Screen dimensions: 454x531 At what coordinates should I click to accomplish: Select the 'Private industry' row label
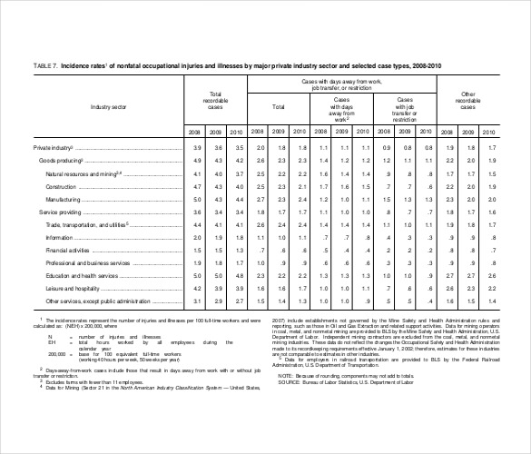[x=53, y=147]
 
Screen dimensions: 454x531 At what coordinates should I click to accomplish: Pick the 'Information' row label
[x=60, y=236]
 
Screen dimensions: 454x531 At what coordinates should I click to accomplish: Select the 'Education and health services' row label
[x=82, y=274]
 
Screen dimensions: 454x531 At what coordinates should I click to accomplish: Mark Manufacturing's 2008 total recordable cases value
[x=197, y=198]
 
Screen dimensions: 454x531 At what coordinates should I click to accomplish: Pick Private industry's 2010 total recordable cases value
[x=237, y=147]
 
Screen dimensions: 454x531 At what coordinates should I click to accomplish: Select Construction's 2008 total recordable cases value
[x=197, y=185]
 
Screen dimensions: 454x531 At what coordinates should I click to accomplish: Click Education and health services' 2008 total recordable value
[x=197, y=274]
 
